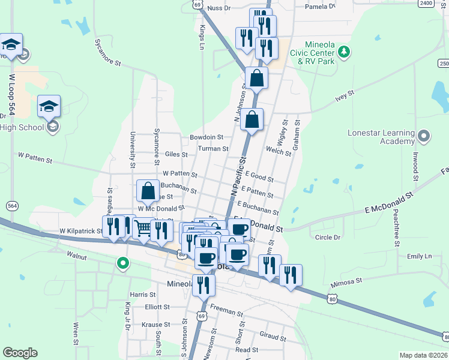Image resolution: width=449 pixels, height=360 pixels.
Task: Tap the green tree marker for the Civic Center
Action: (344, 52)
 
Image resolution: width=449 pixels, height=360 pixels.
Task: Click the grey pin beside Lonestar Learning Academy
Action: (424, 136)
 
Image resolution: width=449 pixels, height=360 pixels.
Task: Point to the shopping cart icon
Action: (143, 228)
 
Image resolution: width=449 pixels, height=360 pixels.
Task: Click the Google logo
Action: (20, 353)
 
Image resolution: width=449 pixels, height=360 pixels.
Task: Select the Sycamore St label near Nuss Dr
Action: (108, 53)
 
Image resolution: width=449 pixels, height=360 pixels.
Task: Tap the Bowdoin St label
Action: (206, 137)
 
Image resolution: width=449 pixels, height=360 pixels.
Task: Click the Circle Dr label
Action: (328, 237)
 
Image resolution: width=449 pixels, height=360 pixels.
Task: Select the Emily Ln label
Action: (419, 256)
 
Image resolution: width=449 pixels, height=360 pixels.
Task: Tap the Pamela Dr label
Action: (319, 7)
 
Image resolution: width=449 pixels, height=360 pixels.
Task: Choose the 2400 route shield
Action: (426, 3)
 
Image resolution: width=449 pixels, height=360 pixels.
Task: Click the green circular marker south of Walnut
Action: (123, 263)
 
